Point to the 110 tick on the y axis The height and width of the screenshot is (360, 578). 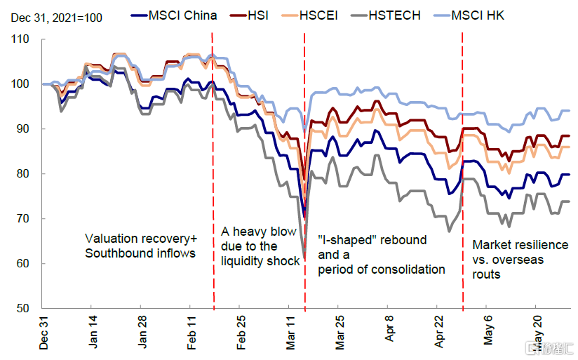point(22,39)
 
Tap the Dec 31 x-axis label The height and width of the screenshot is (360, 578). point(43,333)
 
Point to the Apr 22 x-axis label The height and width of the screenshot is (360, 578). point(440,333)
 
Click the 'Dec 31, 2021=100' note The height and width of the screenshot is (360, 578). point(55,14)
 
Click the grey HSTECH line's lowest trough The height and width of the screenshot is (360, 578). point(304,256)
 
